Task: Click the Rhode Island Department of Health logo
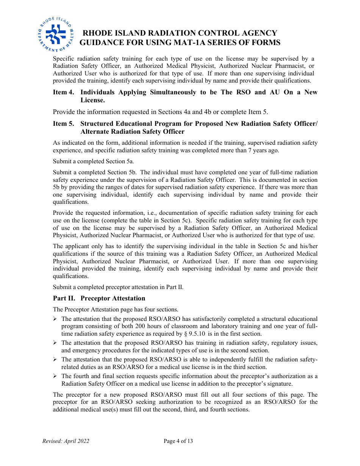[x=56, y=34]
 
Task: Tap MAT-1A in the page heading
[x=179, y=42]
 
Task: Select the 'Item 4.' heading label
[x=63, y=92]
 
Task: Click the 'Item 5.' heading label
[x=63, y=124]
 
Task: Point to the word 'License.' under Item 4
[x=92, y=100]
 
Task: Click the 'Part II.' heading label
[x=64, y=299]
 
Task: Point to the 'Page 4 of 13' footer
[x=178, y=441]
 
